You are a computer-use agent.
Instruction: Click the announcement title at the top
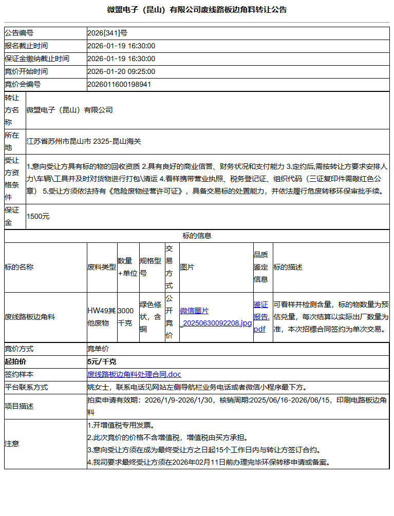click(197, 9)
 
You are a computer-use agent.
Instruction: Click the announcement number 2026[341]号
click(107, 33)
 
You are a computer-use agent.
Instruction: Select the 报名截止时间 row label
click(26, 46)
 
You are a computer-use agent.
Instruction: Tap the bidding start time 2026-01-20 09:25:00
click(121, 71)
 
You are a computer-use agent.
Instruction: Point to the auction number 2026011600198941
click(119, 84)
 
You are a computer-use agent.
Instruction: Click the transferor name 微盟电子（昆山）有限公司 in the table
click(69, 110)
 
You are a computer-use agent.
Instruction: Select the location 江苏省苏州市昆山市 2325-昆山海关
click(83, 141)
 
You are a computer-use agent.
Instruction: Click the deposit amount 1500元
click(38, 217)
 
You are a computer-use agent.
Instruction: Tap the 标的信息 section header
click(197, 236)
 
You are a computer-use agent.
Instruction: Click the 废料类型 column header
click(102, 267)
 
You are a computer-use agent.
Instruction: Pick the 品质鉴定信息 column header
click(260, 267)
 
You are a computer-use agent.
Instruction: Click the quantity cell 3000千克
click(125, 317)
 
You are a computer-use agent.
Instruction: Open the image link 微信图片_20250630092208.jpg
click(215, 317)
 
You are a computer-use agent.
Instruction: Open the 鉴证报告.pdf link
click(261, 317)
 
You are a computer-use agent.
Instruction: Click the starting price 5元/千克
click(102, 361)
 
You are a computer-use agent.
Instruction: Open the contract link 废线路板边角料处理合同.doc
click(134, 374)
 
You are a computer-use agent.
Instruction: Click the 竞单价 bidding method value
click(98, 349)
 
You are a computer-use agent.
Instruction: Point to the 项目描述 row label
click(19, 406)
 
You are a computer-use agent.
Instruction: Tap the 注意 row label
click(12, 444)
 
